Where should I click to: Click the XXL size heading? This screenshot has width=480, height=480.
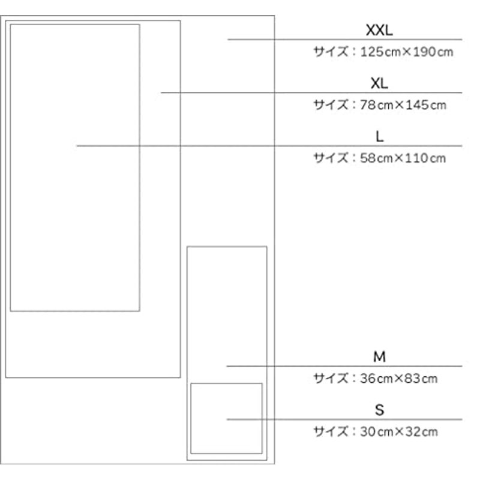(x=379, y=31)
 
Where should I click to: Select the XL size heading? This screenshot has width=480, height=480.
(x=379, y=83)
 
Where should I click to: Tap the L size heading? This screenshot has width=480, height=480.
(x=380, y=137)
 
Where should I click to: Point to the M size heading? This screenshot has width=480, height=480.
(x=379, y=356)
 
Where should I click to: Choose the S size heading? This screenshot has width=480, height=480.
(x=379, y=410)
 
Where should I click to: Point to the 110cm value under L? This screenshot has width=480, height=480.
(x=425, y=158)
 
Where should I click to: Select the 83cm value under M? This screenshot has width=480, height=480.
(x=421, y=379)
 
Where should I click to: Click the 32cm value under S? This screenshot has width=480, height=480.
(x=422, y=431)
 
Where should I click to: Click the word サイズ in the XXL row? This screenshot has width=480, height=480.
(x=331, y=52)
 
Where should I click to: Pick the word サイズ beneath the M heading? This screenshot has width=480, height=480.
(x=331, y=379)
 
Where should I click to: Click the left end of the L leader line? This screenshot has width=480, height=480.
(x=77, y=146)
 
